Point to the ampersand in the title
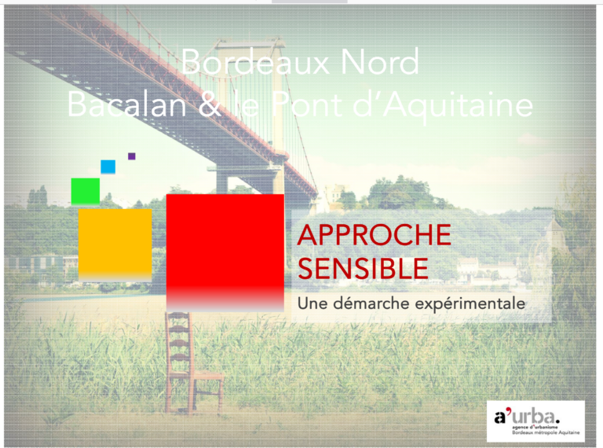point(208,105)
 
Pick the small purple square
point(132,156)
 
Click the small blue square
point(108,167)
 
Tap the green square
point(86,191)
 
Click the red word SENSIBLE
point(363,270)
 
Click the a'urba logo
point(535,421)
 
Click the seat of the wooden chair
point(196,375)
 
